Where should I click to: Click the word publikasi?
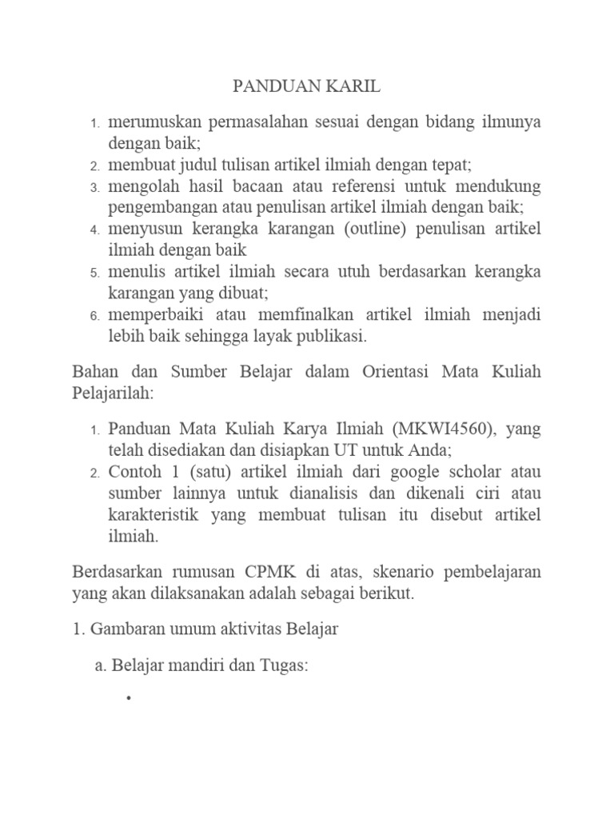tap(329, 336)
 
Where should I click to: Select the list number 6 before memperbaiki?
tap(94, 316)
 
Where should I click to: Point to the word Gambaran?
tap(123, 629)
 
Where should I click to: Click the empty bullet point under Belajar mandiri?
tap(128, 699)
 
